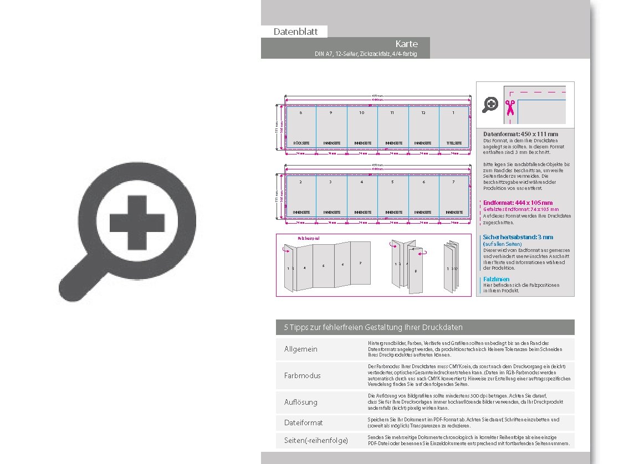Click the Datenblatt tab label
click(x=295, y=32)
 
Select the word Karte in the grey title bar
click(x=406, y=44)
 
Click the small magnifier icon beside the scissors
click(x=490, y=105)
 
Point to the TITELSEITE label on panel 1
click(x=454, y=143)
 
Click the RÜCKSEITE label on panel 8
click(x=301, y=143)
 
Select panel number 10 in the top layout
click(x=361, y=112)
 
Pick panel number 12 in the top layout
click(x=423, y=112)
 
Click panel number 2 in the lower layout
click(x=300, y=182)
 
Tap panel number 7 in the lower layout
click(x=453, y=182)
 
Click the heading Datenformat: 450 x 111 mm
click(x=520, y=134)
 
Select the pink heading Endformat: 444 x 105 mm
click(x=518, y=203)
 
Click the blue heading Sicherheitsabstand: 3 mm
click(x=518, y=237)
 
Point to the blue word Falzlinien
click(x=496, y=279)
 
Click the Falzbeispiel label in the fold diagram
click(x=309, y=238)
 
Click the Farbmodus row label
click(x=303, y=375)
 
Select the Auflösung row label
click(x=301, y=402)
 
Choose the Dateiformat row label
click(x=304, y=422)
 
